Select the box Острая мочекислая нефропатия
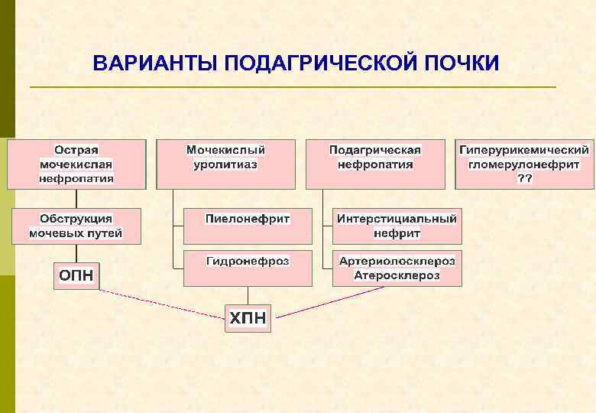coord(76,164)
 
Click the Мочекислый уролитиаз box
coord(225,164)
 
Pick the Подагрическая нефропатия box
coord(375,164)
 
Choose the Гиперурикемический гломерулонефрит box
coord(524,164)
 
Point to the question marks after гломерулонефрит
coord(525,178)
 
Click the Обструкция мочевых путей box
coord(76,226)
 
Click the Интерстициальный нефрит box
coord(397,226)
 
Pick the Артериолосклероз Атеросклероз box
coord(397,268)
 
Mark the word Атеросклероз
coord(397,275)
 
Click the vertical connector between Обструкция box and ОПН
coord(76,254)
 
